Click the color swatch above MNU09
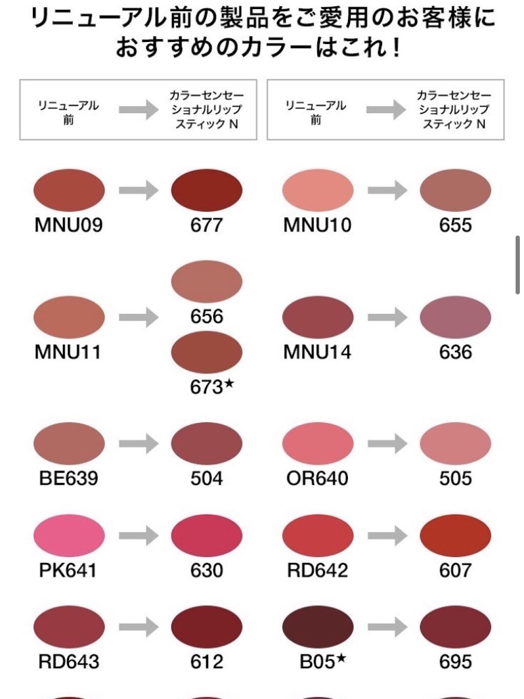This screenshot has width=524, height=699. (x=69, y=190)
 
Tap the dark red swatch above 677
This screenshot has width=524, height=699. (x=207, y=190)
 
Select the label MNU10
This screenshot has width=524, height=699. (x=317, y=225)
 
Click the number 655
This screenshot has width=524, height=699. (x=455, y=225)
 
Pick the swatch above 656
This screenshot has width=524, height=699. (x=207, y=281)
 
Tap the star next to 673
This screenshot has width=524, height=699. (x=229, y=384)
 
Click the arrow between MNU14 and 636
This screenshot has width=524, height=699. (x=387, y=317)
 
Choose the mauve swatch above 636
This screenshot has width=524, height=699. (x=455, y=317)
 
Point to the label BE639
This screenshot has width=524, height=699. (x=69, y=478)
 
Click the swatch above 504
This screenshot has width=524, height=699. (x=207, y=443)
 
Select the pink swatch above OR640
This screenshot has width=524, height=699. (x=318, y=443)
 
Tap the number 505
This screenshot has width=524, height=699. (x=455, y=478)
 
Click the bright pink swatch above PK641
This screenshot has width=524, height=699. (x=69, y=536)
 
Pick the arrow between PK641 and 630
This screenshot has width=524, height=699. (x=139, y=536)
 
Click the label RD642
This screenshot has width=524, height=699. (x=317, y=570)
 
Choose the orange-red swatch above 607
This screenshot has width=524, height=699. (x=455, y=536)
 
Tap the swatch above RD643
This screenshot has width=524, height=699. (x=69, y=627)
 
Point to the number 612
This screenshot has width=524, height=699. (x=207, y=662)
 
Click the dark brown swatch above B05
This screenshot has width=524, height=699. (x=318, y=627)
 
